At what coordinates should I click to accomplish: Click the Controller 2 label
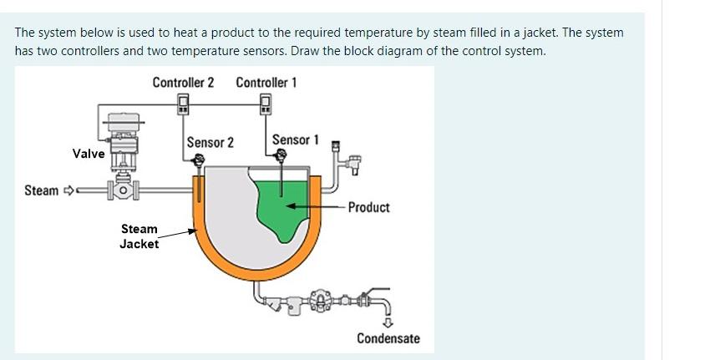coord(183,82)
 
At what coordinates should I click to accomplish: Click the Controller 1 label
coord(266,82)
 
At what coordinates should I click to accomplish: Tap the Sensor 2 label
coord(210,142)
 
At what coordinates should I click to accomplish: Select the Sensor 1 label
coord(296,139)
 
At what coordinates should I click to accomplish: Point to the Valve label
coord(89,154)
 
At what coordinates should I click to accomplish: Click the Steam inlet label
coord(42,190)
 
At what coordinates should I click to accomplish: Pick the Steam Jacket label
coord(139,236)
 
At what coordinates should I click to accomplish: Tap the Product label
coord(368,207)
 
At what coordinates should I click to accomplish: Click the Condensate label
coord(388,338)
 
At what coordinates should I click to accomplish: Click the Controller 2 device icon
coord(182,103)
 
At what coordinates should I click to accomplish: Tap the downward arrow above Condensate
coord(388,324)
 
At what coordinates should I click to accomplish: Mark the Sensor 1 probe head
coord(281,155)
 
